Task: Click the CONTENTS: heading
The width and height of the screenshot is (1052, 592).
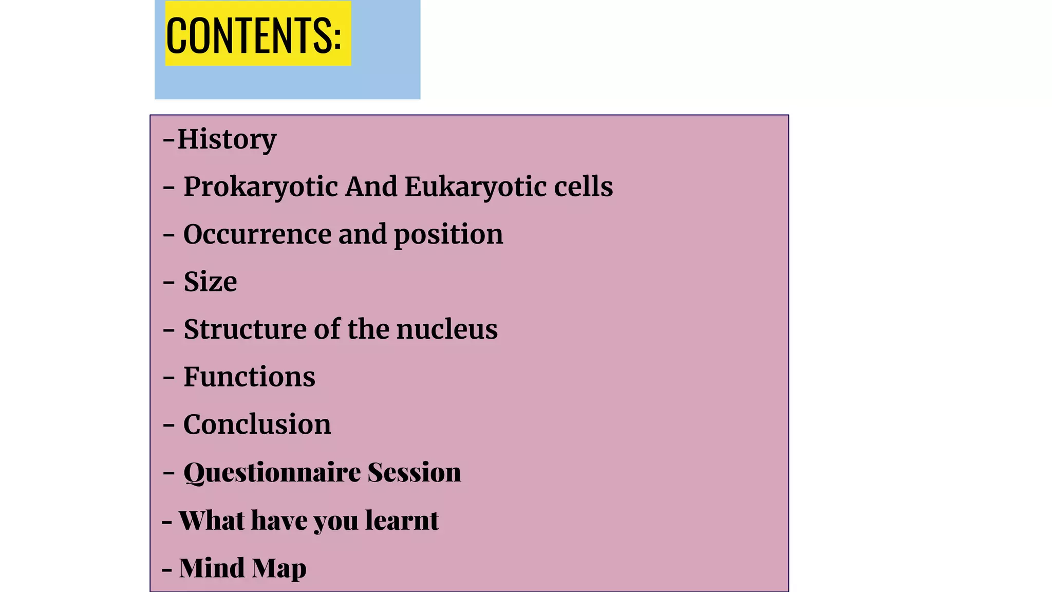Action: (x=254, y=34)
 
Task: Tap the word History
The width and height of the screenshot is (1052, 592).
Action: (x=227, y=139)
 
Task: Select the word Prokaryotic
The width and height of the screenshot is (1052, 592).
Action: (x=260, y=187)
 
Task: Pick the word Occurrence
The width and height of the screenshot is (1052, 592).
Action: (x=257, y=234)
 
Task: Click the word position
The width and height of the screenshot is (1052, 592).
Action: (x=448, y=235)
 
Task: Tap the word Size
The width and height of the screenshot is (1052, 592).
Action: (x=210, y=282)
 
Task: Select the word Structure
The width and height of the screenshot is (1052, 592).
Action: (x=245, y=329)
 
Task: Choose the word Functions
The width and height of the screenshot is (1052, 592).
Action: (x=249, y=377)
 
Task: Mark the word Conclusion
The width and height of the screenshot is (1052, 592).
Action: (x=257, y=424)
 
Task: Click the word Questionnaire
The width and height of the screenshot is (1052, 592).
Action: (x=272, y=472)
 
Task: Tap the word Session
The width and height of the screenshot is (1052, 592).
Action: (x=414, y=472)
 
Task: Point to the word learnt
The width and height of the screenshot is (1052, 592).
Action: (x=402, y=520)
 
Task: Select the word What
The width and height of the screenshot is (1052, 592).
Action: (x=212, y=520)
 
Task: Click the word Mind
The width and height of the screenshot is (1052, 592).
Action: (x=212, y=568)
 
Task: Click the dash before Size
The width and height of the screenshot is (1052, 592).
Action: (x=169, y=283)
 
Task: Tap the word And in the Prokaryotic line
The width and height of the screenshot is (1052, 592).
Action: (x=371, y=187)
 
